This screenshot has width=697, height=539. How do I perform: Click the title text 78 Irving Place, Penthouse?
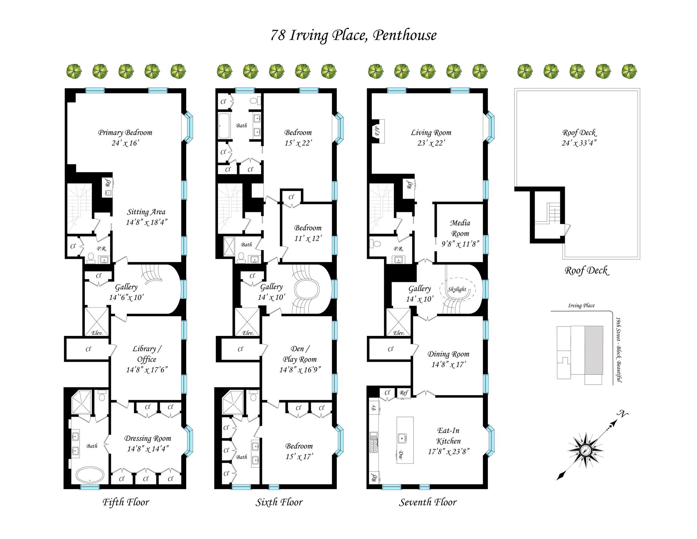(353, 36)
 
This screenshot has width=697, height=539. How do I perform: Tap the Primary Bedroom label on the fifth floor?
(125, 133)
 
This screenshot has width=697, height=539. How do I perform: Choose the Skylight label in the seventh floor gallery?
(457, 289)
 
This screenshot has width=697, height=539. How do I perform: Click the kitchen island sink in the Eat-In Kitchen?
(402, 438)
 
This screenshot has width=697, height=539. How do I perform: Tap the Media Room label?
(460, 228)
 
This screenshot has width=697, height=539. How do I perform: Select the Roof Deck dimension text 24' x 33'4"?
(579, 143)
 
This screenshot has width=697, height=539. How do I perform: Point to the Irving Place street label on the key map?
(581, 305)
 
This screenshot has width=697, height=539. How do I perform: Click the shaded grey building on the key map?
(594, 350)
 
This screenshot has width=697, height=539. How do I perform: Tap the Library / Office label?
(147, 354)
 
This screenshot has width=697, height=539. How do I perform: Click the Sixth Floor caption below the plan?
(279, 502)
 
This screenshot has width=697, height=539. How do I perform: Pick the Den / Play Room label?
(299, 354)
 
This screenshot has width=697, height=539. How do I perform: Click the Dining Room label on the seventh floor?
(448, 354)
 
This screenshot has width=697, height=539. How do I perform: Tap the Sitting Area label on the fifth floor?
(146, 212)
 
